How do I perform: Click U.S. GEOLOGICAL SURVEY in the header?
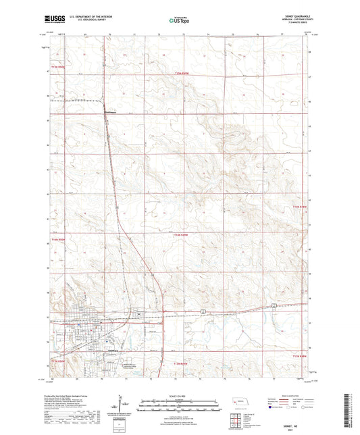88,22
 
